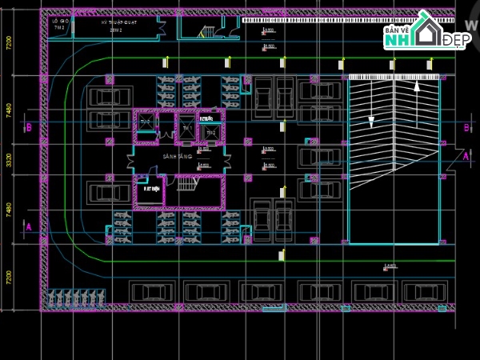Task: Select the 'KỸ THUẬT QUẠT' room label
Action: [118, 23]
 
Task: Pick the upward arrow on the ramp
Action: [416, 86]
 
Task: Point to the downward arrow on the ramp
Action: [371, 120]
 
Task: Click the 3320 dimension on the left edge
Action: [9, 160]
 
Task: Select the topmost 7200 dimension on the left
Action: [9, 42]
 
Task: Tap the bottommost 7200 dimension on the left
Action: [9, 277]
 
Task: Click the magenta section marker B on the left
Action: [28, 127]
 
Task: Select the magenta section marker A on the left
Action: [28, 227]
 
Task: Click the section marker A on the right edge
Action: [466, 157]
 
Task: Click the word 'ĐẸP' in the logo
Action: [456, 39]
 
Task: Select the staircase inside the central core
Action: [187, 184]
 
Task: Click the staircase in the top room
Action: [207, 32]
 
